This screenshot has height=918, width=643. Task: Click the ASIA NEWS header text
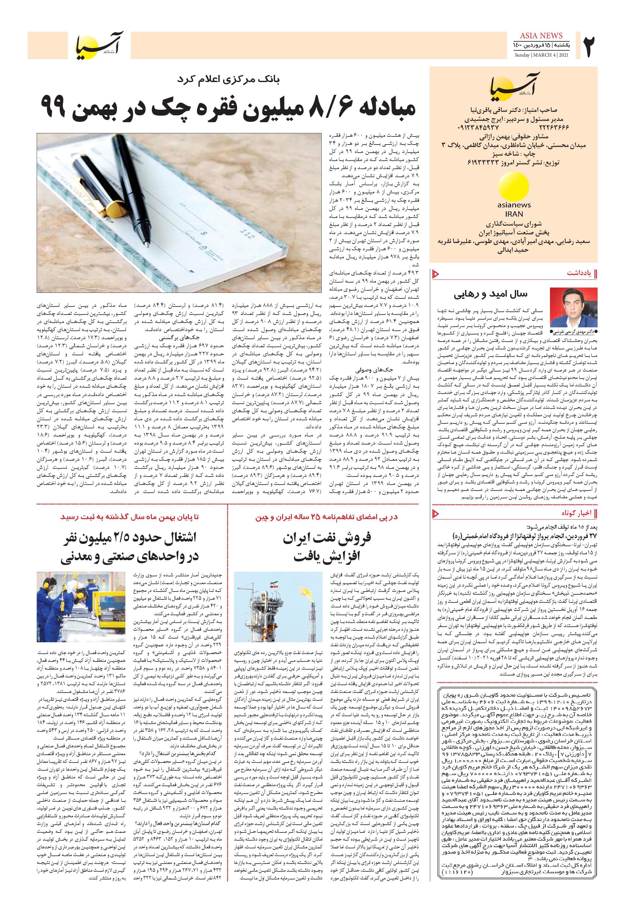541,35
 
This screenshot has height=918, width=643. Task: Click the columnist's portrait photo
573,307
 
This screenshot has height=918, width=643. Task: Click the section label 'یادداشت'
579,274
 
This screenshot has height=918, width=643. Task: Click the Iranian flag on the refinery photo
274,581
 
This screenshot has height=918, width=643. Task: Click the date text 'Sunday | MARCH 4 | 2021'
541,55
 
